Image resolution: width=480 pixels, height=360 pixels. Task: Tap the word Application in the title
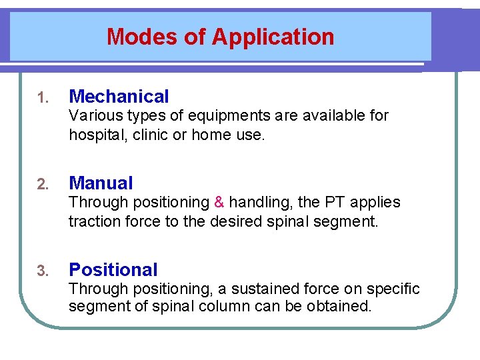[x=273, y=37]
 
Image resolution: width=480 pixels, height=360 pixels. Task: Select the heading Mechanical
[x=119, y=97]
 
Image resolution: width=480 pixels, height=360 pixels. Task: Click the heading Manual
[x=101, y=183]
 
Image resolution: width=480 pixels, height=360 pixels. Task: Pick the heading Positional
[x=113, y=270]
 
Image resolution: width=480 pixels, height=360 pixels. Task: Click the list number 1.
[x=42, y=98]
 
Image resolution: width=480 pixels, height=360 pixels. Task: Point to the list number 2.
[x=42, y=185]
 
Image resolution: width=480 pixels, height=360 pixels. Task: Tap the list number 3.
[x=42, y=271]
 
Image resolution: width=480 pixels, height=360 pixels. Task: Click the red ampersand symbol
[x=219, y=202]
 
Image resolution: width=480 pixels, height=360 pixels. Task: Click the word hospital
[x=95, y=135]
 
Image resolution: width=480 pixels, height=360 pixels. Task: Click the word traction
[x=93, y=221]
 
